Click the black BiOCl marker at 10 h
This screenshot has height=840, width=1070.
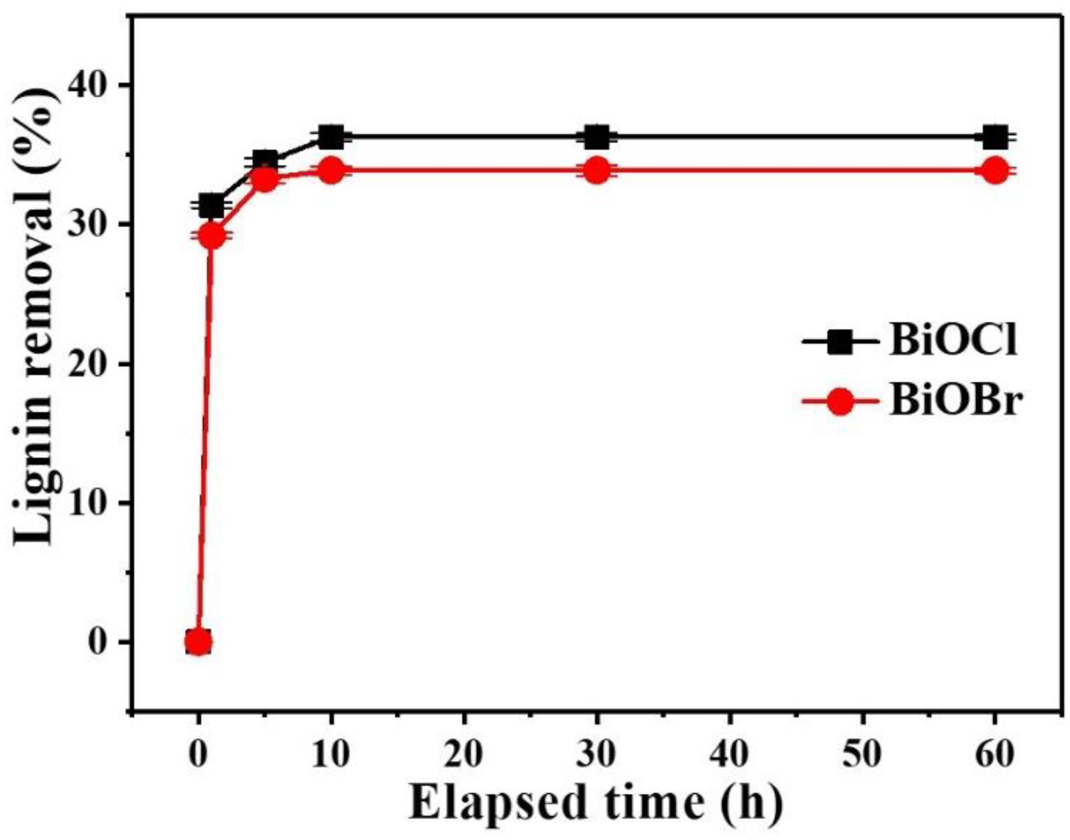point(331,137)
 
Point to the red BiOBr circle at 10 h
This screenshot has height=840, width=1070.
point(331,171)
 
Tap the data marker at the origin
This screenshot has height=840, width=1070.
point(198,641)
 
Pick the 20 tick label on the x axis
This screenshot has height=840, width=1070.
point(464,754)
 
